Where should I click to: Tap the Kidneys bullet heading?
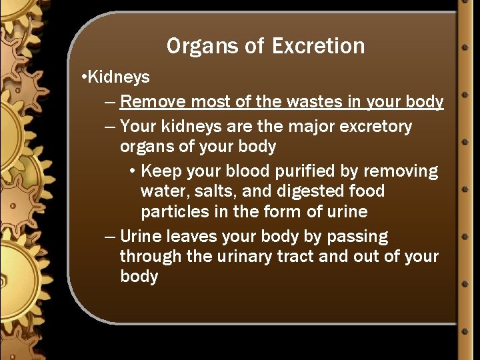click(x=119, y=77)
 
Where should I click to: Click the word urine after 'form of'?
click(x=344, y=212)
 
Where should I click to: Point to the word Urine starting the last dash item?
click(x=141, y=237)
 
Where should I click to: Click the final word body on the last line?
click(x=139, y=277)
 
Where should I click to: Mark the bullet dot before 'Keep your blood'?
click(x=133, y=172)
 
